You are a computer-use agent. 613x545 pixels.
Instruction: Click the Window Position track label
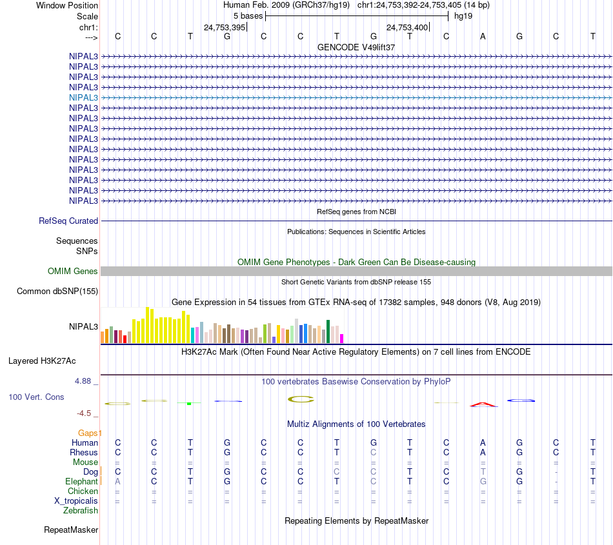(67, 5)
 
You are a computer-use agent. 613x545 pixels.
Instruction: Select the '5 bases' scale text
(248, 15)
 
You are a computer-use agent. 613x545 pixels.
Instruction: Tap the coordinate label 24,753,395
(224, 27)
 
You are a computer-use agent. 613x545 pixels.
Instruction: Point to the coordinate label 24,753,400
(407, 27)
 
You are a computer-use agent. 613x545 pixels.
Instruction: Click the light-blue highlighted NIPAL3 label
(83, 97)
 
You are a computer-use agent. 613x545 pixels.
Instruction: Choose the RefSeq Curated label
(68, 221)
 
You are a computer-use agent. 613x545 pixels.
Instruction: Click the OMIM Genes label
(73, 271)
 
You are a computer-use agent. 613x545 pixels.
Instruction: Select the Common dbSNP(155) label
(57, 292)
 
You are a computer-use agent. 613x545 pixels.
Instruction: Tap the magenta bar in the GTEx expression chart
(342, 338)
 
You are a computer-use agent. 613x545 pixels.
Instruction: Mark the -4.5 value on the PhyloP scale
(85, 413)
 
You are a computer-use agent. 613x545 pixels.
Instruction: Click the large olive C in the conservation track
(301, 399)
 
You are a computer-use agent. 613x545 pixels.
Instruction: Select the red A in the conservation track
(483, 404)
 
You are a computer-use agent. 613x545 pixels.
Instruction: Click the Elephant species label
(81, 482)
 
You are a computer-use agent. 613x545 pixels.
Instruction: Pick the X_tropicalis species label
(76, 501)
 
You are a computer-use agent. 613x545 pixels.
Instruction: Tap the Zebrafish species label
(81, 511)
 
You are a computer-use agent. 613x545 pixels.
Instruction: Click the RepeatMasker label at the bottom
(71, 530)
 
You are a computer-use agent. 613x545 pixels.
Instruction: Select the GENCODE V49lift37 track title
(356, 48)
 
